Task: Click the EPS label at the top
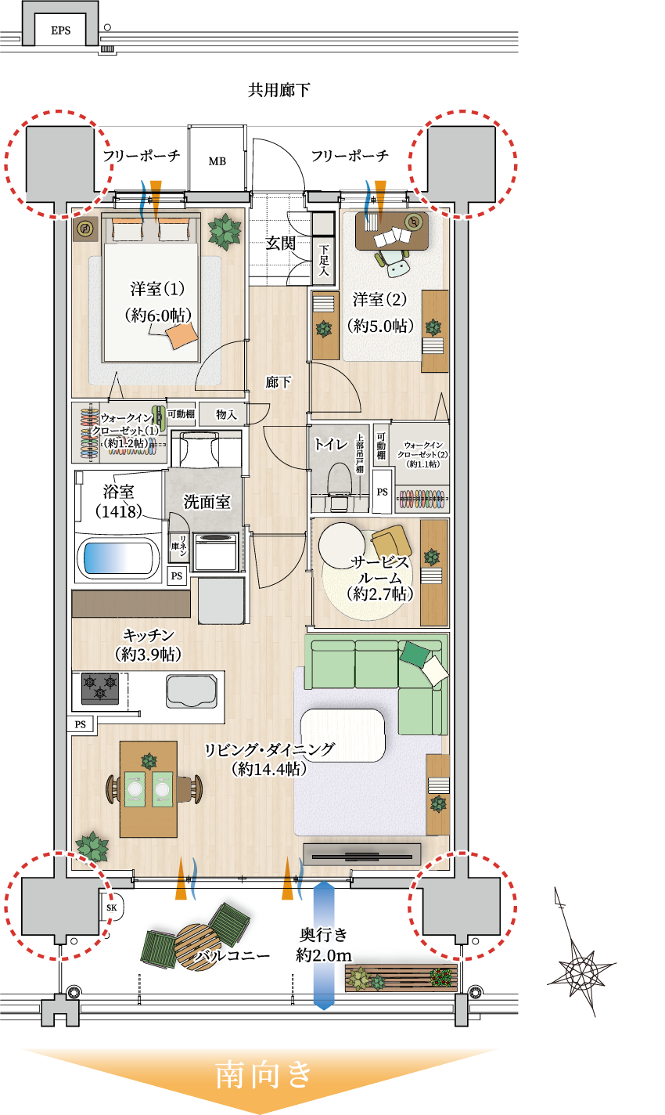tap(60, 31)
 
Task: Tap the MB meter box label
tap(217, 161)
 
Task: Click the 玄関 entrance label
tap(280, 244)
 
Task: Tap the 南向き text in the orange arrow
tap(264, 1074)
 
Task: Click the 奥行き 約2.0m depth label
tap(323, 944)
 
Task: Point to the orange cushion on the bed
tap(182, 336)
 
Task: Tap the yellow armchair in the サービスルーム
tap(391, 543)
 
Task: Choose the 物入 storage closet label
tap(226, 414)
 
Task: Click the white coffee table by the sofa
tap(343, 735)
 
